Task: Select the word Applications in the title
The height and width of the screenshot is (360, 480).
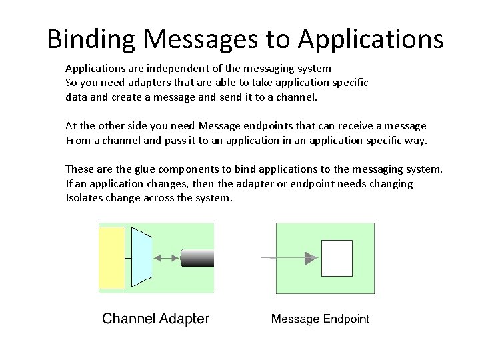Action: click(x=370, y=39)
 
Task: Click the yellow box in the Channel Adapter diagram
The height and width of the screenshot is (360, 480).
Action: click(x=111, y=257)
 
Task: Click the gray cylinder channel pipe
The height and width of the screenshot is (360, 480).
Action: click(x=197, y=257)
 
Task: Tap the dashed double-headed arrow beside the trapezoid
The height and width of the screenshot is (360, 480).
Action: click(x=166, y=257)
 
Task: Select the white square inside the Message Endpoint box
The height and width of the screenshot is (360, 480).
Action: click(x=337, y=258)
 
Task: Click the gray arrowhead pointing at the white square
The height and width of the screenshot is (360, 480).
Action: click(x=310, y=258)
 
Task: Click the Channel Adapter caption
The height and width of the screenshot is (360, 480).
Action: click(x=156, y=319)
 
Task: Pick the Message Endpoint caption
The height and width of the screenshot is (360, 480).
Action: click(x=320, y=319)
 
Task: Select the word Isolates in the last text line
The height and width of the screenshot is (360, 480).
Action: click(x=83, y=197)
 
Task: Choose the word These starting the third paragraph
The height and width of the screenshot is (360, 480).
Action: click(x=80, y=169)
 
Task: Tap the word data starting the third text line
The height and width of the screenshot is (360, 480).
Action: click(x=76, y=97)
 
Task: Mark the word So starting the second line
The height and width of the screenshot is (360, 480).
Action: click(x=71, y=82)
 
